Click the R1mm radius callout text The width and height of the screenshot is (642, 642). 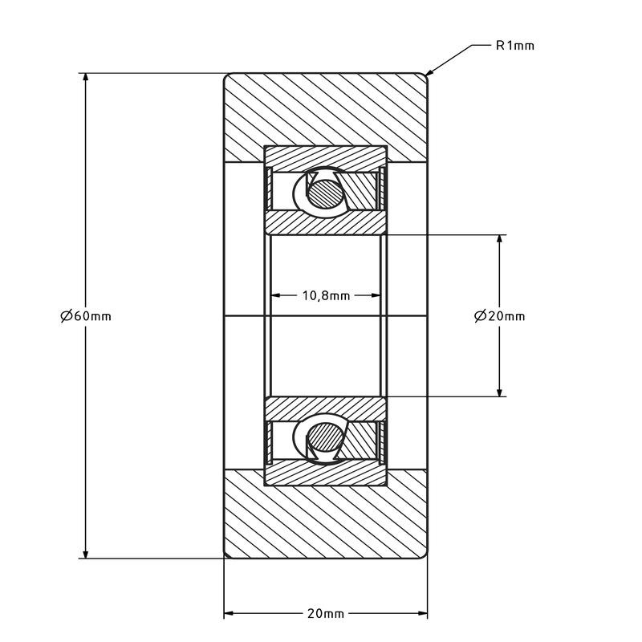coord(514,46)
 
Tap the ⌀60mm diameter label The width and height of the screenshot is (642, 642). coord(86,316)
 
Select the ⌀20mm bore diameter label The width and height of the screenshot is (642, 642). coord(499,316)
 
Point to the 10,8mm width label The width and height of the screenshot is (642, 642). coord(327,295)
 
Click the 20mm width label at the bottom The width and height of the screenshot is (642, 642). coord(326,613)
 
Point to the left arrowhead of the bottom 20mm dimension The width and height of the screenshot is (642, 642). coord(229,613)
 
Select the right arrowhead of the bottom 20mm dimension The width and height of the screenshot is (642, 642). coord(423,613)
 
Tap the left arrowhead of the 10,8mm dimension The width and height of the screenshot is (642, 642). coord(276,295)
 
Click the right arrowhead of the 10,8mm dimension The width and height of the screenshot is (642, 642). coord(376,295)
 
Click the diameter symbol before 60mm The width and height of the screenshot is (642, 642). coord(67,316)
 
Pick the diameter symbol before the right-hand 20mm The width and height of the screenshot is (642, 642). coord(480,316)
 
